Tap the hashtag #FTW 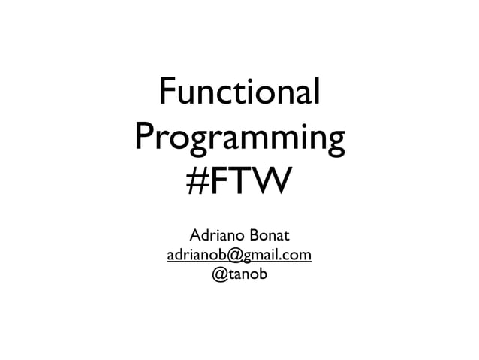click(x=239, y=183)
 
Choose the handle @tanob click(x=239, y=274)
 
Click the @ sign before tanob click(x=220, y=275)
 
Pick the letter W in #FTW click(x=266, y=183)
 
